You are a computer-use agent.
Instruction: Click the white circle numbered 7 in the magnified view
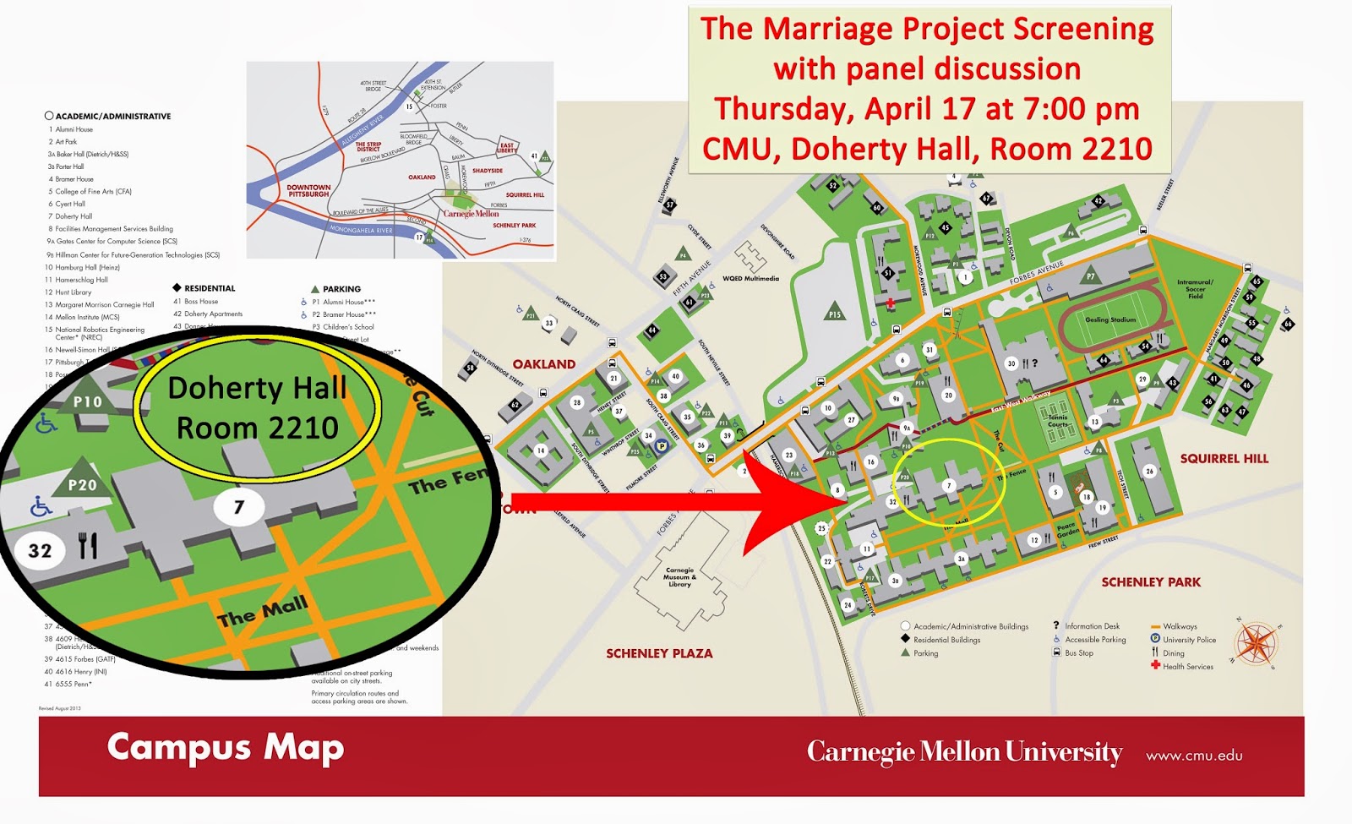[238, 507]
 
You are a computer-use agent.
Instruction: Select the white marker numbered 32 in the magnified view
[40, 551]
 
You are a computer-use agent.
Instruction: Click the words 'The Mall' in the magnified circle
[263, 610]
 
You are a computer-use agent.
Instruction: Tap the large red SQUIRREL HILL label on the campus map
[1224, 459]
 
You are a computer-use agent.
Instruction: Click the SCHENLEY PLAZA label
[659, 653]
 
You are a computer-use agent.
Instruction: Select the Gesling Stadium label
[1110, 320]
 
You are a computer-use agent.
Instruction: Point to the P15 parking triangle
[835, 312]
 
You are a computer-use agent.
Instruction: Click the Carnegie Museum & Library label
[679, 577]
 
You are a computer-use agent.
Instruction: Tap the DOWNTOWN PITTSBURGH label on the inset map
[308, 191]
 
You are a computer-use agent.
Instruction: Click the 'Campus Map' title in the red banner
[226, 748]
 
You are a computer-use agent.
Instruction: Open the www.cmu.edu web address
[1194, 756]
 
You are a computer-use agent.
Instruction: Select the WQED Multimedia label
[750, 278]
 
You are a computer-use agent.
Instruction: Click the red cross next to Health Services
[1155, 666]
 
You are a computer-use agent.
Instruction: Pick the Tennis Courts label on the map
[1058, 421]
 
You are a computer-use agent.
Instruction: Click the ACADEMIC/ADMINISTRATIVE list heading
[113, 117]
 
